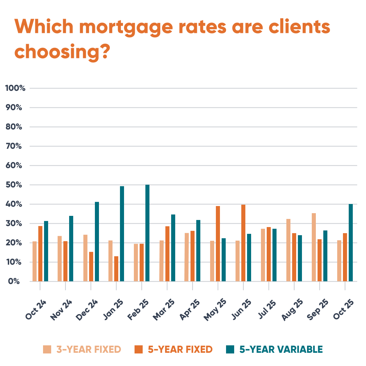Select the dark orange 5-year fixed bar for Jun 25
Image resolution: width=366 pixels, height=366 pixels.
pos(243,243)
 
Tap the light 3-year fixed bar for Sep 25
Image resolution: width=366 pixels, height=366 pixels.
pos(314,247)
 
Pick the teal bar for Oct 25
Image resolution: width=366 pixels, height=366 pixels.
pos(351,243)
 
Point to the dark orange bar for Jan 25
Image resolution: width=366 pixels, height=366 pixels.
pos(116,269)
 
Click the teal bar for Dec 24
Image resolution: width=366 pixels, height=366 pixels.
pos(97,242)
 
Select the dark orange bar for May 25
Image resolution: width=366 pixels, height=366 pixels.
pos(218,244)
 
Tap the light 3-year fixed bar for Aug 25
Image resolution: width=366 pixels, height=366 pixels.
pos(288,250)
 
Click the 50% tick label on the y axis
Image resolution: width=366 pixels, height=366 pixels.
pos(15,185)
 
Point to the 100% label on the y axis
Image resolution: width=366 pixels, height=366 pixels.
pos(15,88)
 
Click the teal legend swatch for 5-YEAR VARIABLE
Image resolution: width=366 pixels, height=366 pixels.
pos(230,349)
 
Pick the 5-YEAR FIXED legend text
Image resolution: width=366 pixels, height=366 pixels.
pos(180,349)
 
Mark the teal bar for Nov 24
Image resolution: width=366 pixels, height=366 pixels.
pos(71,249)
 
